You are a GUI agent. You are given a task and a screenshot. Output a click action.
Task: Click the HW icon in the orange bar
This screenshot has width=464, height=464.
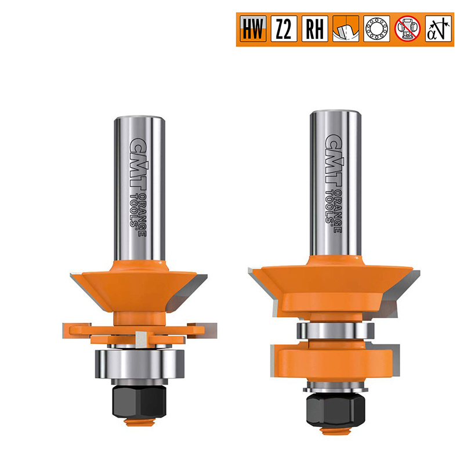click(253, 28)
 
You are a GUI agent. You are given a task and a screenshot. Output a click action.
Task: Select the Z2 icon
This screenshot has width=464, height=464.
click(284, 28)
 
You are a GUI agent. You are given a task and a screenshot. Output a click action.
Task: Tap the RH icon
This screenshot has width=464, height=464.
click(315, 28)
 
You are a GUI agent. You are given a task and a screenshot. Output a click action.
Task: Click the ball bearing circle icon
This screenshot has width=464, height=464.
click(376, 28)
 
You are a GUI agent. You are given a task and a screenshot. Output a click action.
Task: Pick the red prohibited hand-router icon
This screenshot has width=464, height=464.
click(408, 28)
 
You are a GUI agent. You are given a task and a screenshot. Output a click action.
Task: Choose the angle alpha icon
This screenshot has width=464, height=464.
click(438, 28)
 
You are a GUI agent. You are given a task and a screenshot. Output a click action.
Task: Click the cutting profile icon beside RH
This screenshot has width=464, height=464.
click(346, 28)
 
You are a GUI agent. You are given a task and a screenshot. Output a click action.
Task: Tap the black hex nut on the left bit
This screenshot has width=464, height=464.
click(139, 401)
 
